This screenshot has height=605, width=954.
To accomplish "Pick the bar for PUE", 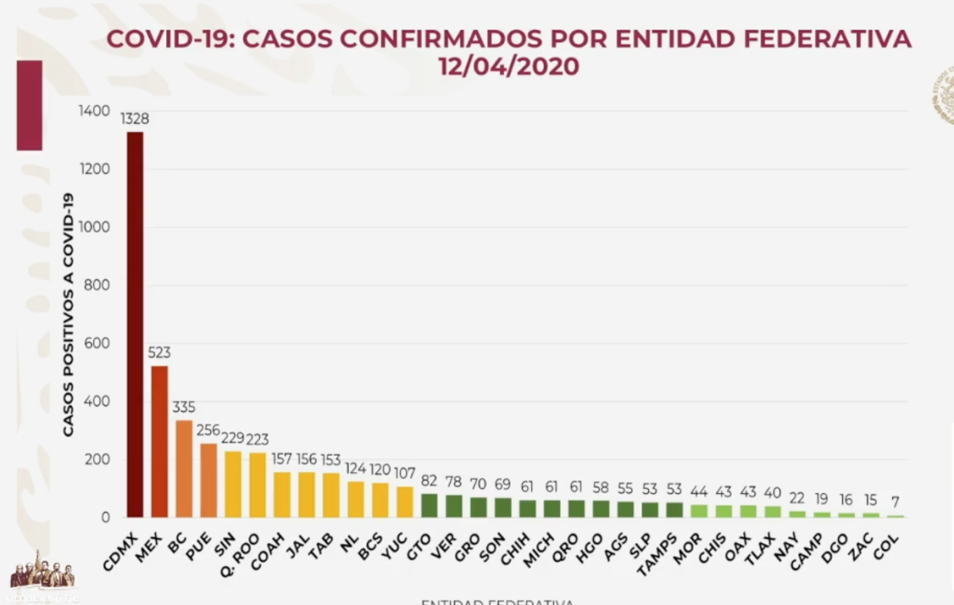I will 208,480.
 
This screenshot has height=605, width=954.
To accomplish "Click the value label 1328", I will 135,119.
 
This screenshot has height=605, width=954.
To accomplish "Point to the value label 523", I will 159,353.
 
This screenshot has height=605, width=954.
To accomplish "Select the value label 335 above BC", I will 184,408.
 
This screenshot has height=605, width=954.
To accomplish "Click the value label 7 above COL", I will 895,502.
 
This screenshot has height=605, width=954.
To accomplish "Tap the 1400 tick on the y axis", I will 95,111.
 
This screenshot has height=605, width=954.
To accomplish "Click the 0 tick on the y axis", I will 105,518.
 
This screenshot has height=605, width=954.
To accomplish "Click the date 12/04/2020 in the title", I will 509,67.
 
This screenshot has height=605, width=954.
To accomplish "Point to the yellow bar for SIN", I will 233,484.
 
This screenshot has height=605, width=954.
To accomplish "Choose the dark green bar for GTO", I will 429,506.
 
